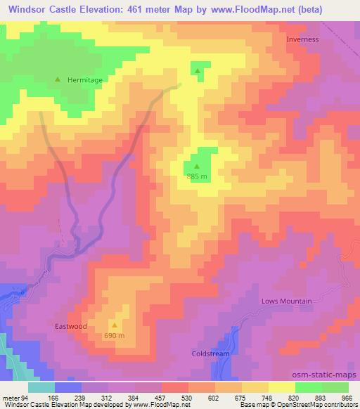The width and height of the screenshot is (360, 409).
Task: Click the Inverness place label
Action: (302, 39)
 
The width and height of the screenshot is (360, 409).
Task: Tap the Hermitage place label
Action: (84, 80)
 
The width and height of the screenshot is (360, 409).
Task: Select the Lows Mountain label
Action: (286, 301)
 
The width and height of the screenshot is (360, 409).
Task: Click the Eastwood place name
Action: (71, 326)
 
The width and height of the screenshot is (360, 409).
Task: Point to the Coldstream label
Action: (210, 353)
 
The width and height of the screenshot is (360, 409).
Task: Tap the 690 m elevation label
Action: (115, 336)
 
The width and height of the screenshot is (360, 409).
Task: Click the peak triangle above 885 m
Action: (196, 167)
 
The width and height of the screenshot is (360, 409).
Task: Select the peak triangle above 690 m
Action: (115, 325)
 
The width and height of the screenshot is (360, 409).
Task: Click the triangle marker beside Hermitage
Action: (58, 79)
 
